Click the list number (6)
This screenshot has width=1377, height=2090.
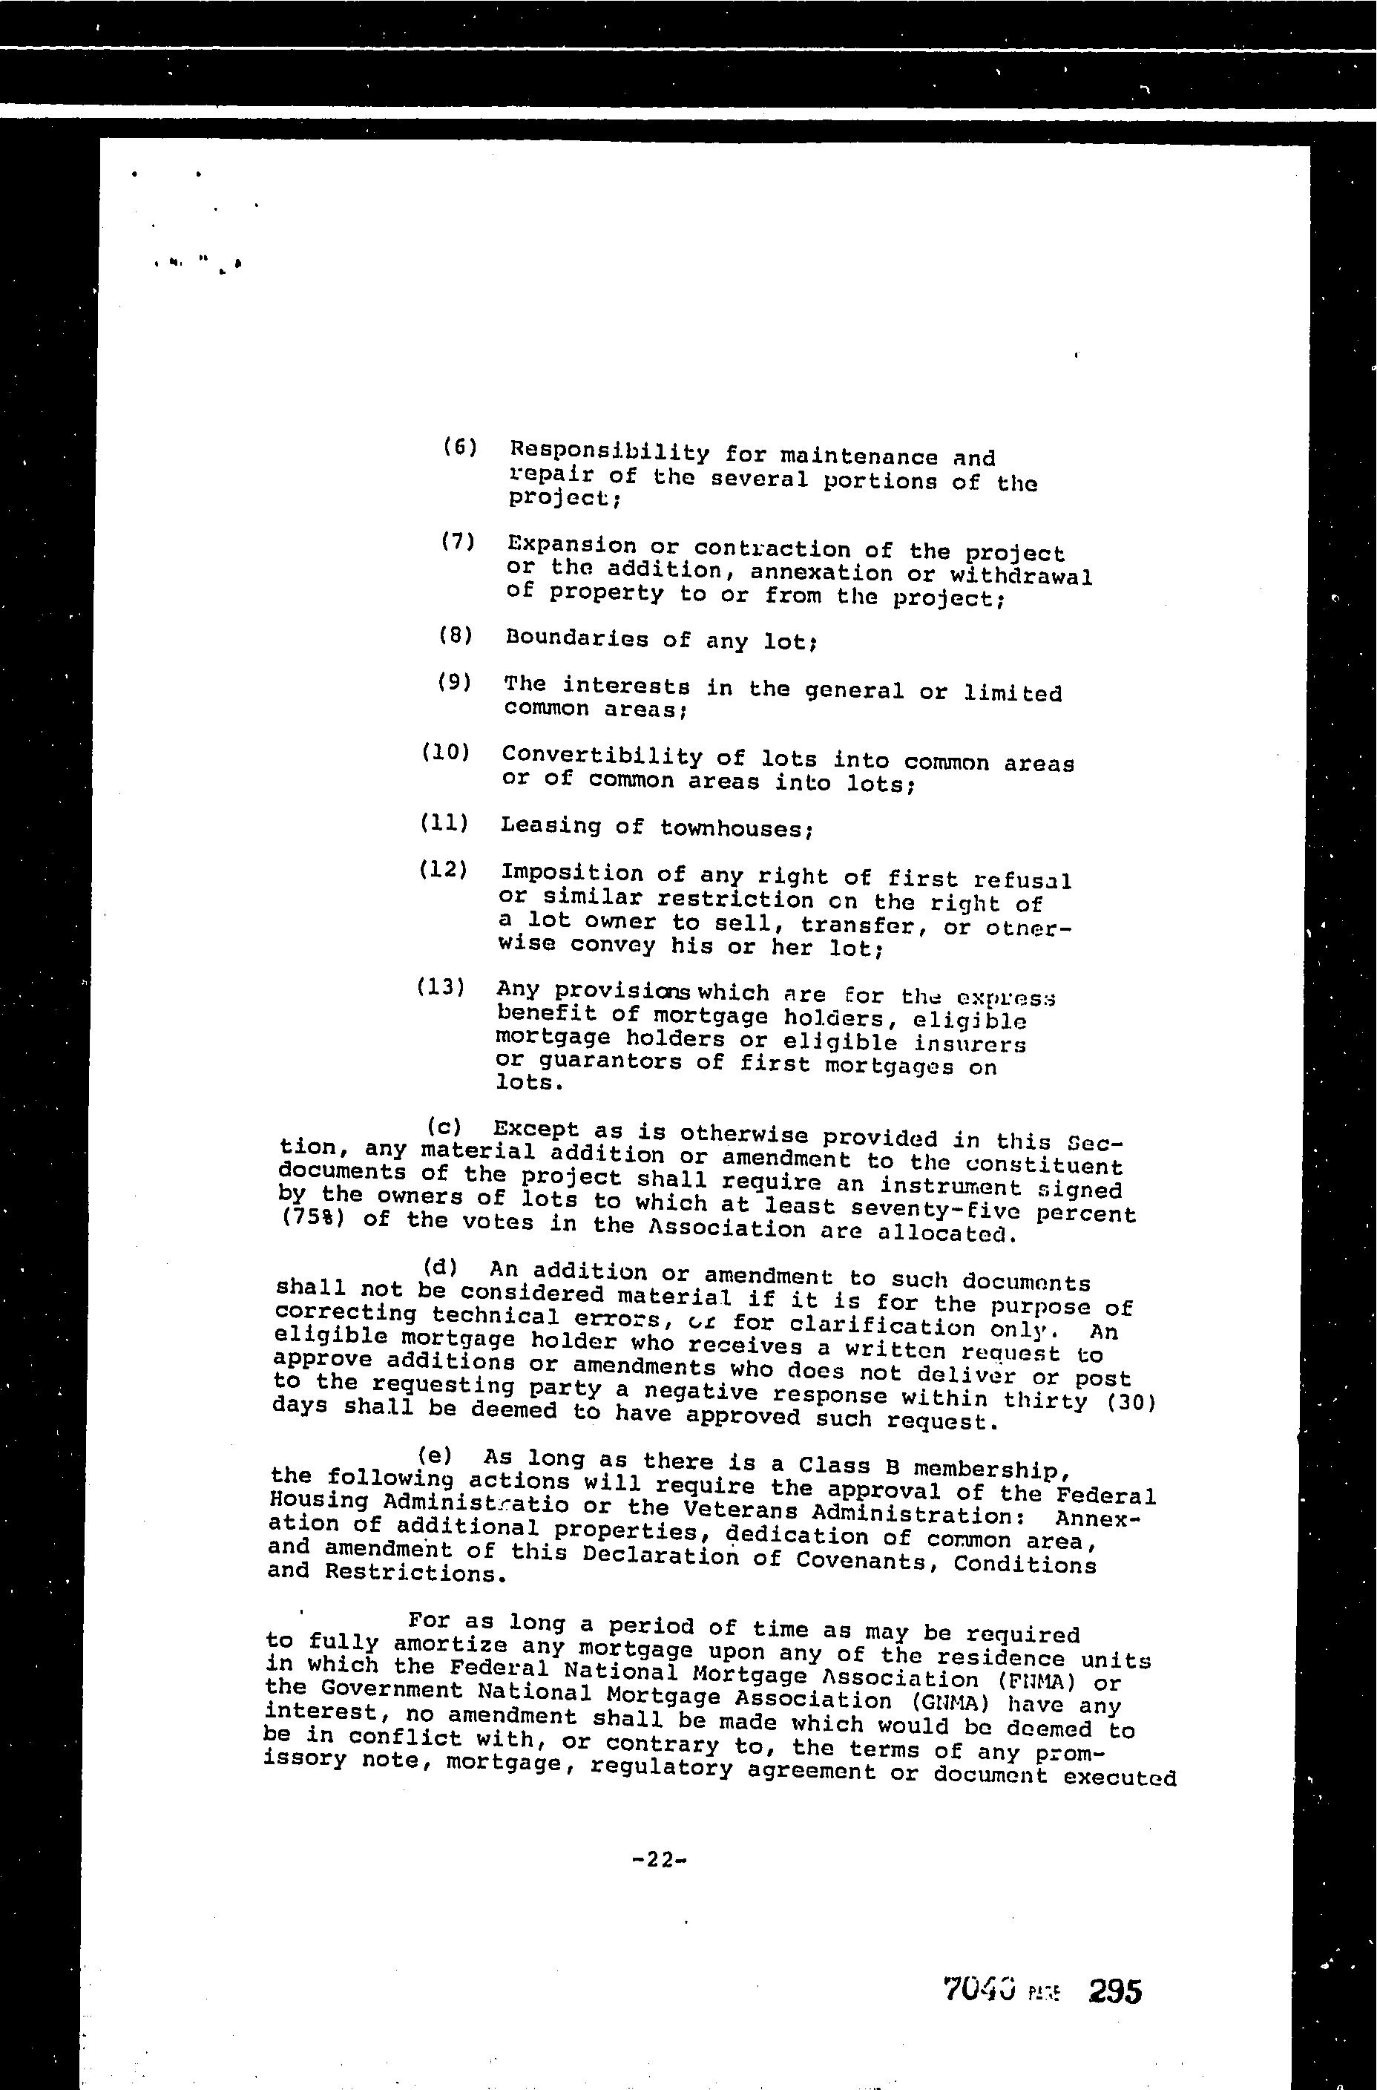(x=459, y=446)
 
